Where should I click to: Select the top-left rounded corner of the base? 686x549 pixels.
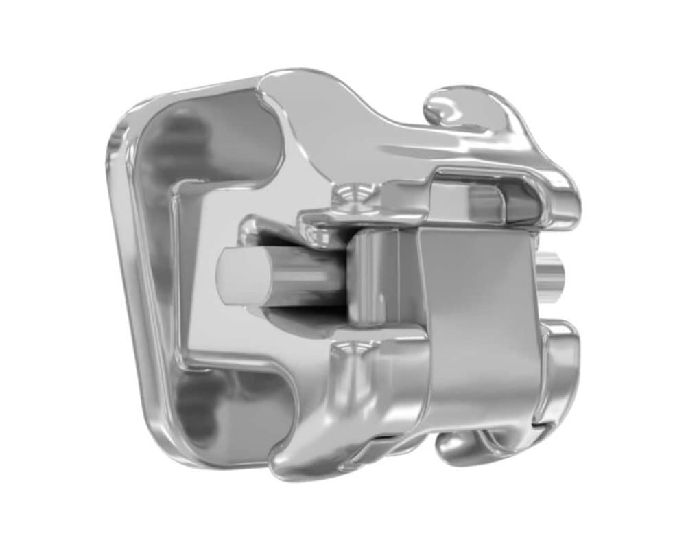pos(127,120)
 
